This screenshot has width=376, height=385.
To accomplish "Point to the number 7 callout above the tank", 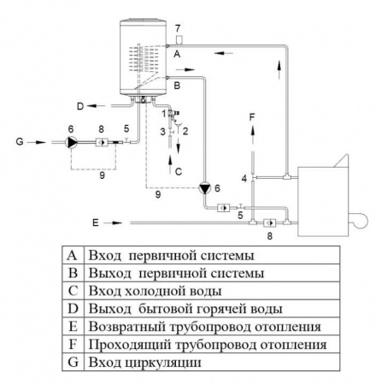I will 177,30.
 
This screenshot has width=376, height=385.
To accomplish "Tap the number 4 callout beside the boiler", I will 245,177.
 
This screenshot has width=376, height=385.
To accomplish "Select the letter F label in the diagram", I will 252,115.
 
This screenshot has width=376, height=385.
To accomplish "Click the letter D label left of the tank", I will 79,106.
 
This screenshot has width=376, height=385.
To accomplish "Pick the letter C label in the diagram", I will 178,171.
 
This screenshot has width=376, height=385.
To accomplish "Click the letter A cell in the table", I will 73,255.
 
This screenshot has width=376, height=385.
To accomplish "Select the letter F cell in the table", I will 73,346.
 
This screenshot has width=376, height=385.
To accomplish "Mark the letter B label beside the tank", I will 176,86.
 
